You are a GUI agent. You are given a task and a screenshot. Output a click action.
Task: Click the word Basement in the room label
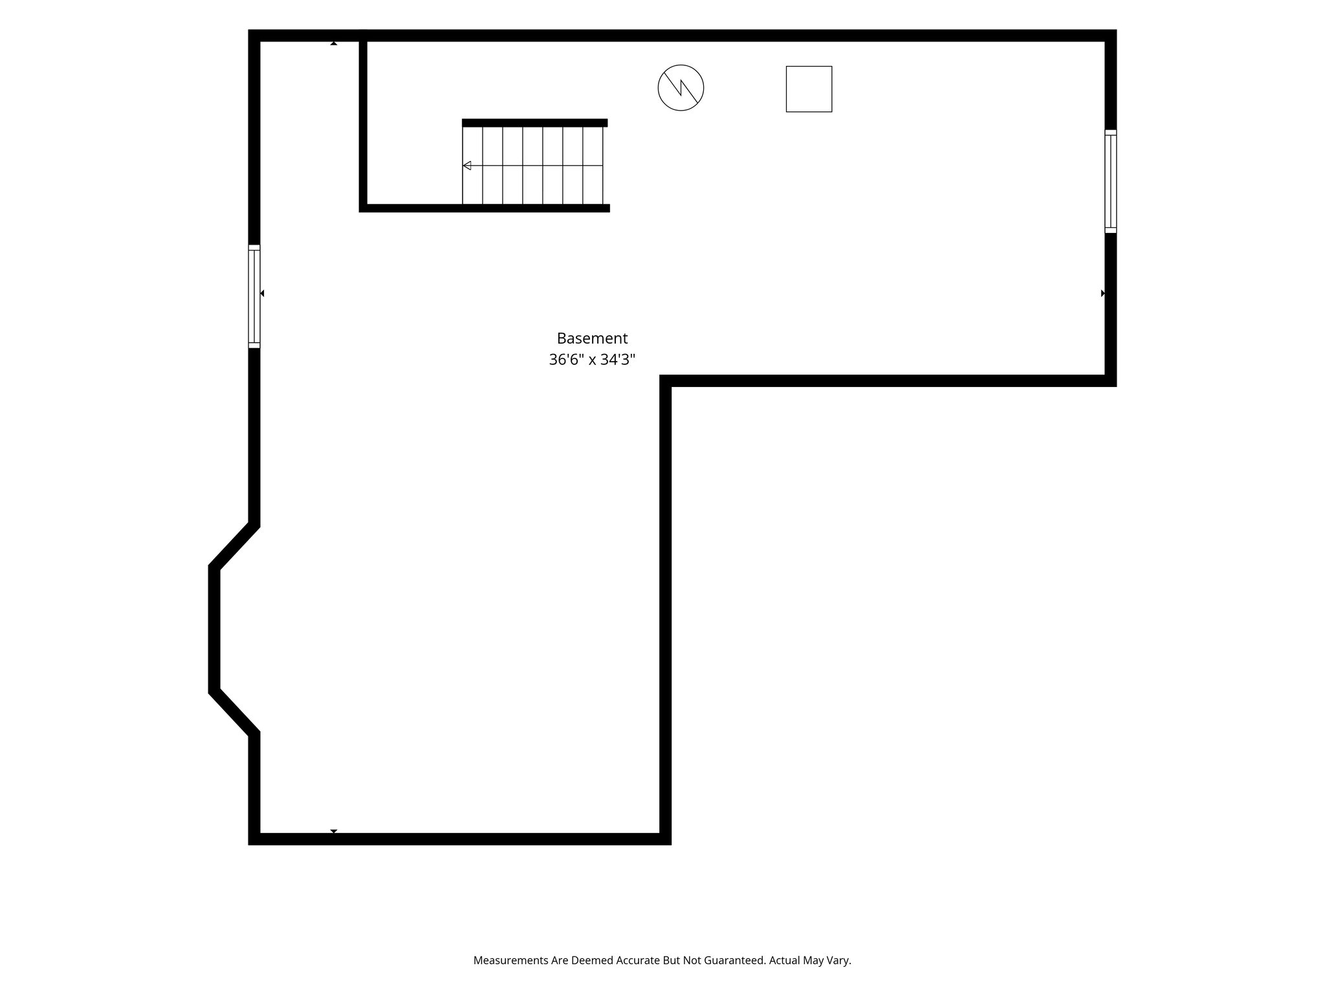tap(592, 338)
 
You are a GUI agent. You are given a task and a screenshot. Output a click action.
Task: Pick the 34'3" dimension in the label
tap(618, 360)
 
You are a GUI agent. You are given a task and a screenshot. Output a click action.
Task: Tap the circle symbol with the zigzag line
tap(681, 88)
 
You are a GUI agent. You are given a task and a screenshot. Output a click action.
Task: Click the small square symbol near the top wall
tap(809, 89)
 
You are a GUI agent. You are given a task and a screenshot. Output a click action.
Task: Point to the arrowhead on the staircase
tap(467, 166)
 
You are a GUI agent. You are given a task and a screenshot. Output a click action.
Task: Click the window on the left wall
tap(254, 296)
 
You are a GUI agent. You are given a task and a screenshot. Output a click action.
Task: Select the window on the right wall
tap(1110, 181)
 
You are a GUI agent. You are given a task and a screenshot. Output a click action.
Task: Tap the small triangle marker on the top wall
tap(334, 43)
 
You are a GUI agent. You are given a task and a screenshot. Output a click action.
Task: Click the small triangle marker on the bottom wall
tap(334, 831)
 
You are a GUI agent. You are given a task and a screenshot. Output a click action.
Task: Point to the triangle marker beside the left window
tap(262, 293)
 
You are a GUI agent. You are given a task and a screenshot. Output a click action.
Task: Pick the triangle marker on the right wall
tap(1102, 293)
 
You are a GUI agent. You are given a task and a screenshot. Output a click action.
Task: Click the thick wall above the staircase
tap(534, 123)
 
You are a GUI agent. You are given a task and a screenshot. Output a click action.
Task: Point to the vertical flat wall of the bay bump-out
tap(214, 629)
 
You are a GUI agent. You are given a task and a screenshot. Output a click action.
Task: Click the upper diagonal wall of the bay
tap(234, 545)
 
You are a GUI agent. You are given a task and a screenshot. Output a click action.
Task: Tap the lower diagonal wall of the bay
tap(234, 712)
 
